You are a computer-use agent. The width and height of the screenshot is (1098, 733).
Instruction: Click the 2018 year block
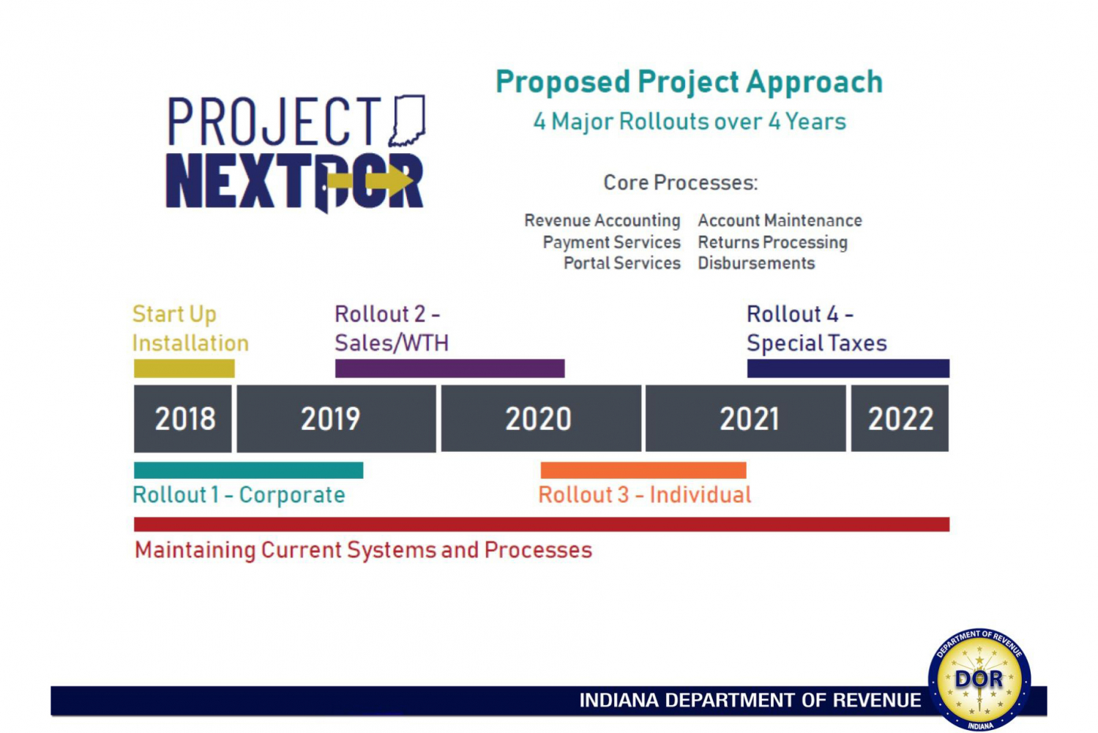[x=183, y=418]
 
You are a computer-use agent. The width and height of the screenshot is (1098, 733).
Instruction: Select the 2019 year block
[x=336, y=418]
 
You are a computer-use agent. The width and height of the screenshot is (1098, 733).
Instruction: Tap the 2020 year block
[x=541, y=418]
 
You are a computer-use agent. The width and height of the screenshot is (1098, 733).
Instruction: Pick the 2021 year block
[x=746, y=418]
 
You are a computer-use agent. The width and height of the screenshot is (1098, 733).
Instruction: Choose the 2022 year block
[x=900, y=418]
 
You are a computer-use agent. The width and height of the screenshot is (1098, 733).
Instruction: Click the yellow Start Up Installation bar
[x=184, y=368]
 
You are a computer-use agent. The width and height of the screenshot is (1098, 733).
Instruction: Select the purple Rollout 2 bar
[x=450, y=368]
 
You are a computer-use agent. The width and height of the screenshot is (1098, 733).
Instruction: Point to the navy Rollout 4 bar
[x=848, y=368]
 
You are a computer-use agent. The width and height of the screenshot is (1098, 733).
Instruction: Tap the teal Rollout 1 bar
[x=249, y=470]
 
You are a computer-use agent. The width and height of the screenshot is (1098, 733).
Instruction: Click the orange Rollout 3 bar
[x=643, y=470]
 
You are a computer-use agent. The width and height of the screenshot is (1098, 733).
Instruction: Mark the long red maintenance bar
[x=542, y=524]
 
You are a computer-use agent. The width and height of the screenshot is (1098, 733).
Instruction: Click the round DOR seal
[x=979, y=680]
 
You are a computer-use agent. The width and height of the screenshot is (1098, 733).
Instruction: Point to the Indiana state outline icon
[x=407, y=121]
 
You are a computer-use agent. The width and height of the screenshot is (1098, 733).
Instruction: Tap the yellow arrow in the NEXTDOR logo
[x=370, y=180]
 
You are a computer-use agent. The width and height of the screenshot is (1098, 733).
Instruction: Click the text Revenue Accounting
[x=602, y=220]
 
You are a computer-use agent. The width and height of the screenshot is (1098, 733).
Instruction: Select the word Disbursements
[x=756, y=264]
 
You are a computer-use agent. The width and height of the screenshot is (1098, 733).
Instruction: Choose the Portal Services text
[x=622, y=264]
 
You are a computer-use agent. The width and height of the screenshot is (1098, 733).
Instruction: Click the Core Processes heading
[x=680, y=182]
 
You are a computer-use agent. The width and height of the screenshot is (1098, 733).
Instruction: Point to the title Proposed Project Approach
[x=690, y=82]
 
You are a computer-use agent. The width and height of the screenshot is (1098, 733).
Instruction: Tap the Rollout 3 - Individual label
[x=645, y=495]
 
